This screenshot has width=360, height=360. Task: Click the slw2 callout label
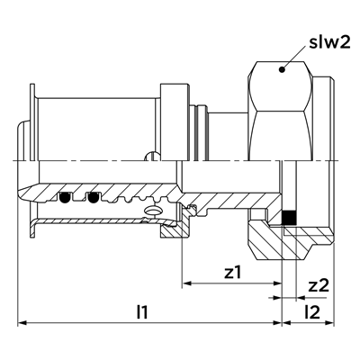[x=329, y=43]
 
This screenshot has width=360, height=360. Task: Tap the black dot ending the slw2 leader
[x=282, y=69]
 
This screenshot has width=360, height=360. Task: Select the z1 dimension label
[x=233, y=273]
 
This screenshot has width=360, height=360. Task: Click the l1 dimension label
[x=142, y=312]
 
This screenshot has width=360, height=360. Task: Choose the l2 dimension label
[x=312, y=312]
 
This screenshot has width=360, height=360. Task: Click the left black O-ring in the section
[x=65, y=197]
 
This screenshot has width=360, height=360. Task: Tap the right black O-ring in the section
[x=93, y=197]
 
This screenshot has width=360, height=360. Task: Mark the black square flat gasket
[x=290, y=218]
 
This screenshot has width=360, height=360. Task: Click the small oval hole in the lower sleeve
[x=153, y=211]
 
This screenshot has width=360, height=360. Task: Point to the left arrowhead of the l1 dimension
[x=22, y=323]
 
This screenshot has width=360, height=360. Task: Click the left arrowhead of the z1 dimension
[x=187, y=283]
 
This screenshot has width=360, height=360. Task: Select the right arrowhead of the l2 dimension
[x=329, y=323]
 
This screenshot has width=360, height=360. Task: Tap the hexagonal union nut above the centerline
[x=281, y=111]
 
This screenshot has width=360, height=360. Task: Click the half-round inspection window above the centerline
[x=153, y=157]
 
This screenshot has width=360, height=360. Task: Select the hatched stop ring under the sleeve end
[x=174, y=229]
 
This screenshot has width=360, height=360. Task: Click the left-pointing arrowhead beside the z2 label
[x=301, y=298]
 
